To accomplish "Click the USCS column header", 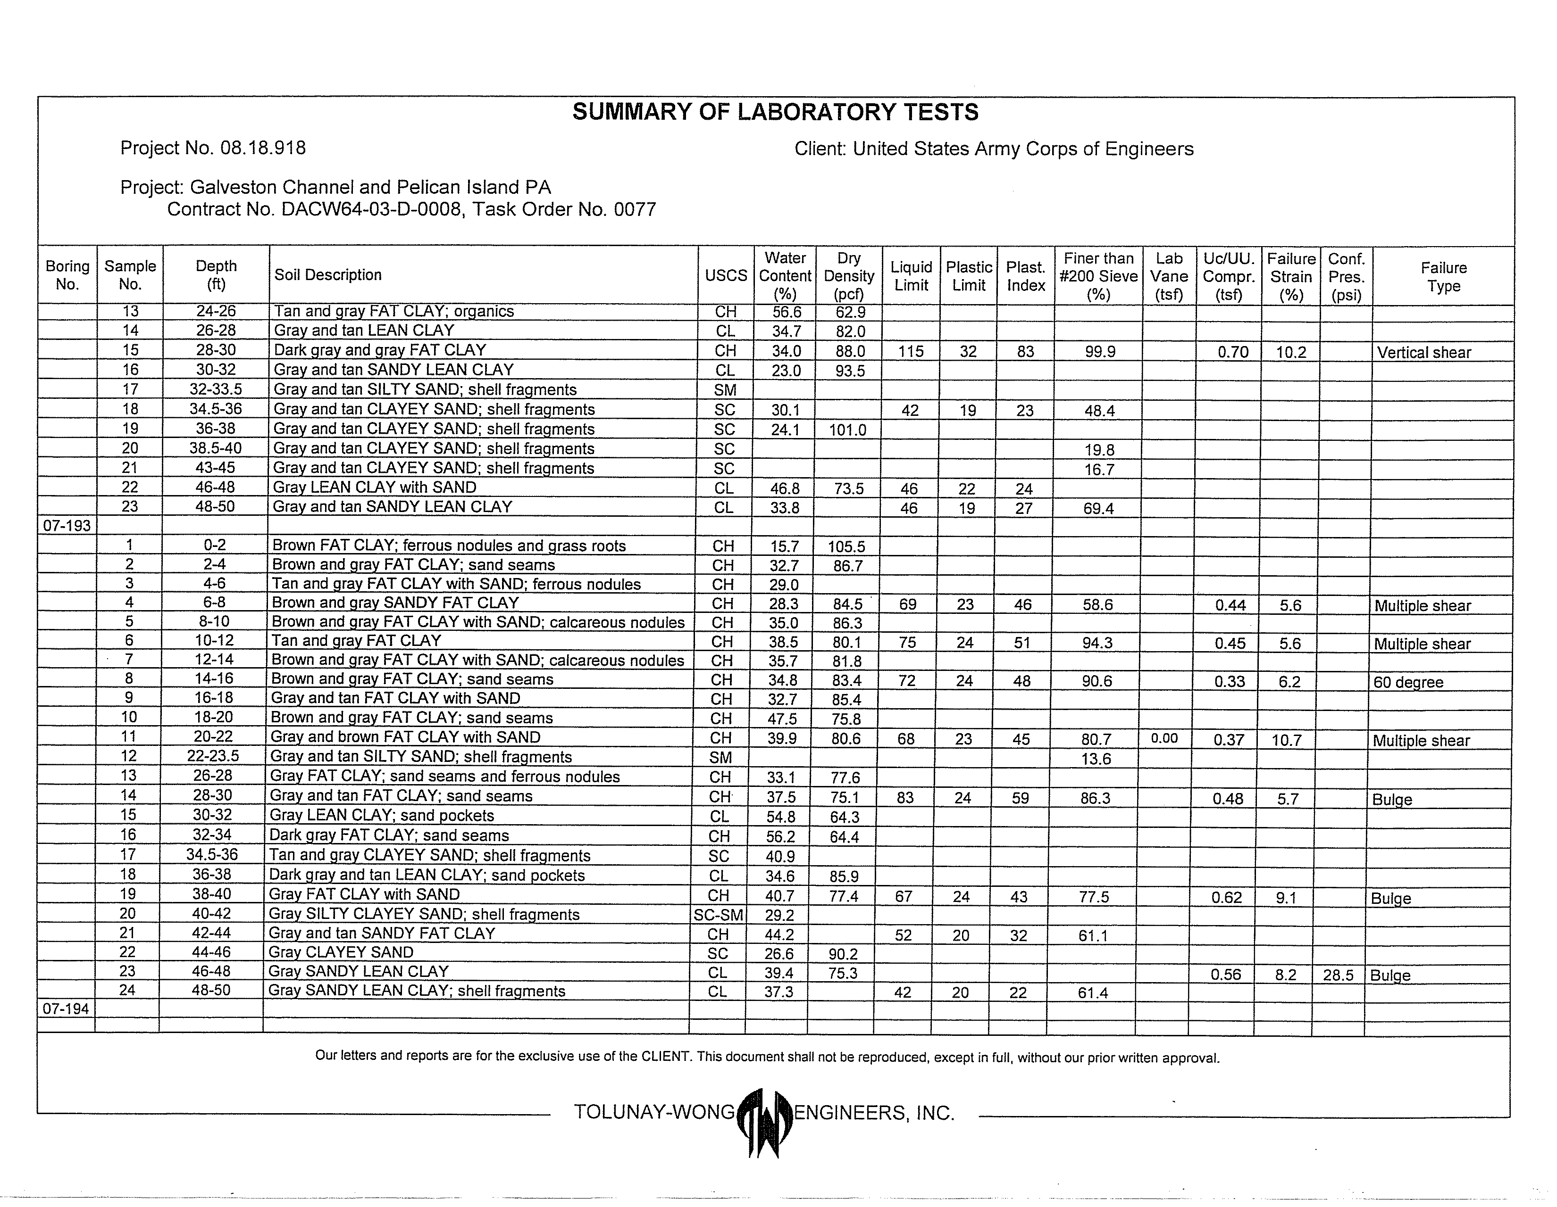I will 726,276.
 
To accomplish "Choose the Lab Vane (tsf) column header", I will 1169,276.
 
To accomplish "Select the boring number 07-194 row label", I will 66,1009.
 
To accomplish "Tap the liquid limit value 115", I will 911,351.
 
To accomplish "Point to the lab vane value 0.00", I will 1164,739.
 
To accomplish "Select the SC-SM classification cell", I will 719,915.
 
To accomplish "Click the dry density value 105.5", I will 846,546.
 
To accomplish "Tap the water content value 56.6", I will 787,312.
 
